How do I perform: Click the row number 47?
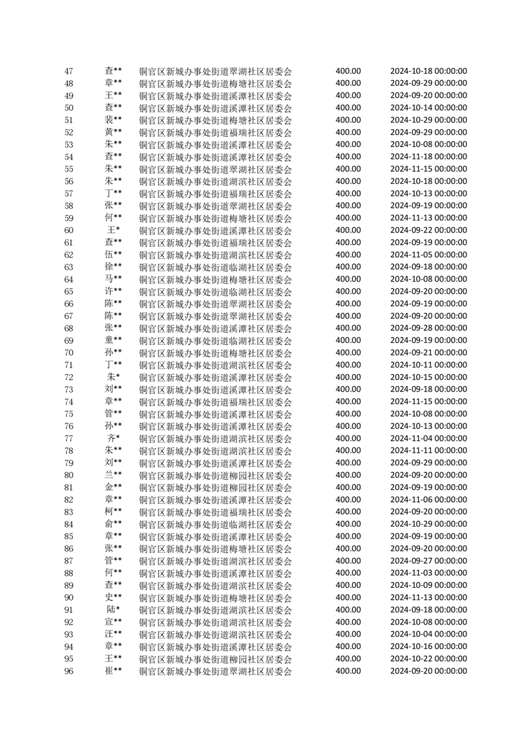[x=69, y=71]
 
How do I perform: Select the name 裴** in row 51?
[x=113, y=120]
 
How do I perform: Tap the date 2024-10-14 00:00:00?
[x=428, y=108]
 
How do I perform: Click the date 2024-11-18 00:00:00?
[x=428, y=156]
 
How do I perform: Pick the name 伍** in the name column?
[x=113, y=254]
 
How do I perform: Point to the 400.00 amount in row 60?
[x=348, y=230]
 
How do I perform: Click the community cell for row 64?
[x=215, y=280]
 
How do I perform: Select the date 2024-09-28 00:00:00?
[x=428, y=328]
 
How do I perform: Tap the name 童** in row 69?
[x=113, y=340]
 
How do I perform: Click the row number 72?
[x=69, y=377]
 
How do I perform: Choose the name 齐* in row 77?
[x=113, y=438]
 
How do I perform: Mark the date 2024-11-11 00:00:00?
[x=428, y=451]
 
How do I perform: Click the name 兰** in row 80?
[x=113, y=475]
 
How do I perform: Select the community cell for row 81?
[x=215, y=488]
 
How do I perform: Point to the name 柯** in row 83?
[x=113, y=511]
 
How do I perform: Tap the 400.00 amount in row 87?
[x=348, y=561]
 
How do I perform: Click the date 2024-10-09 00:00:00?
[x=428, y=585]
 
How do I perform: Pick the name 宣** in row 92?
[x=113, y=622]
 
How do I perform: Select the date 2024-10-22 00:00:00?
[x=428, y=658]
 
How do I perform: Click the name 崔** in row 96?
[x=113, y=670]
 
